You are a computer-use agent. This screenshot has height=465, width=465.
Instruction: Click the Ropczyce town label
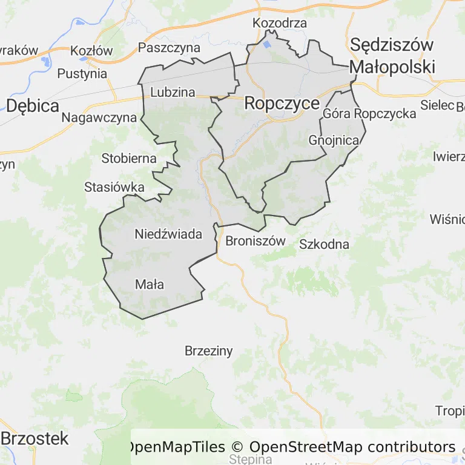[x=282, y=104]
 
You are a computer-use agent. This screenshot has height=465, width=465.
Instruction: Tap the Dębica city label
[x=33, y=106]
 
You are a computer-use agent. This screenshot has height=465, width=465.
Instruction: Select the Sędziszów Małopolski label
[x=392, y=56]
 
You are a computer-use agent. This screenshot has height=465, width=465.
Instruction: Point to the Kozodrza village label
[x=280, y=24]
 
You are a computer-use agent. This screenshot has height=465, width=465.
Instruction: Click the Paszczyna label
[x=169, y=47]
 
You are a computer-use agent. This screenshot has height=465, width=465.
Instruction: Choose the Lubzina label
[x=173, y=92]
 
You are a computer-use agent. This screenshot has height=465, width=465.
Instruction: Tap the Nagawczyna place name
[x=99, y=117]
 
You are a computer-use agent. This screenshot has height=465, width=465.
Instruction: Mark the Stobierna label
[x=129, y=159]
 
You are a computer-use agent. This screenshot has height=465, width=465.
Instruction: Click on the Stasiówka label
[x=114, y=187]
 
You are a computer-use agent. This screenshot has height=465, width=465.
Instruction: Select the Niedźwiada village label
[x=168, y=234]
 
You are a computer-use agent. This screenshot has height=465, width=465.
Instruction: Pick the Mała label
[x=150, y=284]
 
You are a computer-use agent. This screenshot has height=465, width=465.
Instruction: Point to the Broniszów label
[x=255, y=241]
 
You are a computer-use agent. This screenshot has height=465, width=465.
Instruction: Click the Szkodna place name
[x=325, y=245]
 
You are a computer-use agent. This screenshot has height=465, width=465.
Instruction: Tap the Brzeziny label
[x=208, y=351]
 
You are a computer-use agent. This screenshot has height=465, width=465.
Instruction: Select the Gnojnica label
[x=334, y=140]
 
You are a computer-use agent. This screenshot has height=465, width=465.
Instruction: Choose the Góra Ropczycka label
[x=369, y=113]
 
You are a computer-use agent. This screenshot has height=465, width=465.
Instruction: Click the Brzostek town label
[x=36, y=438]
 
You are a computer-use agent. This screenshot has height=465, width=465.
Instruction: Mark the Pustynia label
[x=82, y=74]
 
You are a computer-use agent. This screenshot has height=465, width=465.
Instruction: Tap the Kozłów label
[x=91, y=51]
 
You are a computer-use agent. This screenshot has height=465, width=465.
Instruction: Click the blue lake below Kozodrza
[x=267, y=44]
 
